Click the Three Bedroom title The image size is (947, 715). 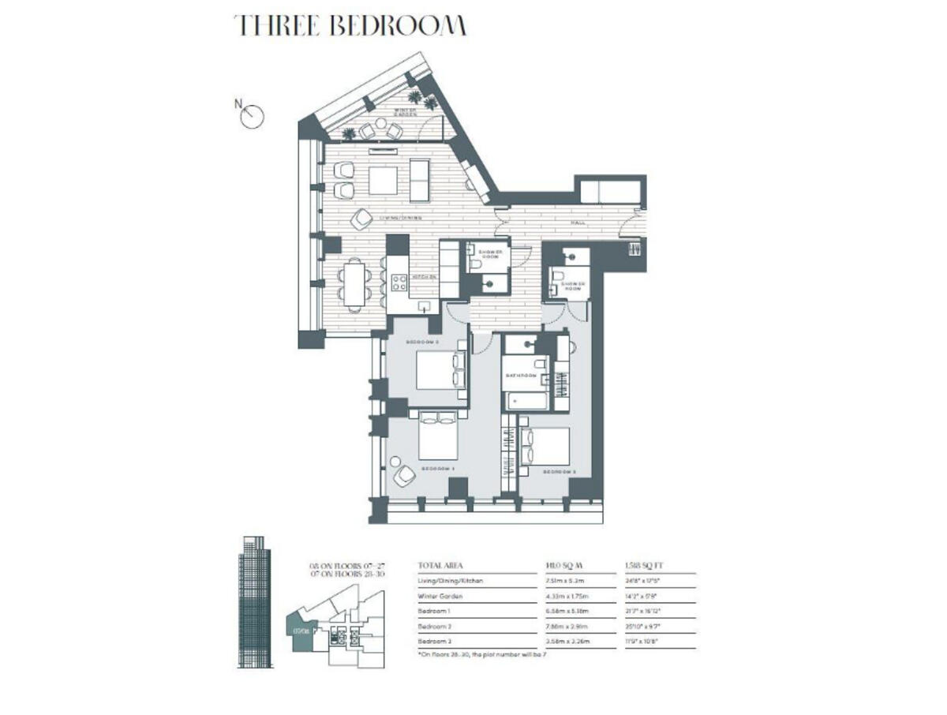pyautogui.click(x=350, y=25)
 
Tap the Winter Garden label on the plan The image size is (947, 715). pyautogui.click(x=406, y=113)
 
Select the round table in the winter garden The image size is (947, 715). pyautogui.click(x=380, y=123)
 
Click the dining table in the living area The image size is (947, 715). pyautogui.click(x=354, y=283)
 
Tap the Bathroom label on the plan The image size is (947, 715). pyautogui.click(x=522, y=376)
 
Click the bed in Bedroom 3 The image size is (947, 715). pyautogui.click(x=547, y=446)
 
